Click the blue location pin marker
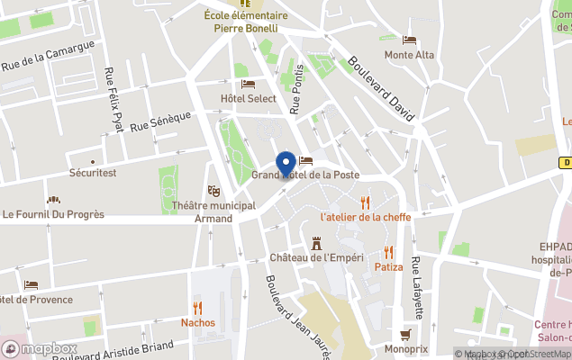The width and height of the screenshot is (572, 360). click(x=286, y=164)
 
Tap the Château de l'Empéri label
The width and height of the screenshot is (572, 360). click(x=317, y=257)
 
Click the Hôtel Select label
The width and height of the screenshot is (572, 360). click(x=249, y=98)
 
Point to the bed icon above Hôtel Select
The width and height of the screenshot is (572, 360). click(x=249, y=84)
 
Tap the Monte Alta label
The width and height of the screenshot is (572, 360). click(x=409, y=55)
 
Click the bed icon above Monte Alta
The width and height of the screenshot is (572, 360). click(x=409, y=40)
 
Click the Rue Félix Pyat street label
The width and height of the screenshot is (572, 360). click(x=113, y=99)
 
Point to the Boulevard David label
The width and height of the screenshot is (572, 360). click(x=380, y=90)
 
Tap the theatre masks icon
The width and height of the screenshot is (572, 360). click(x=213, y=191)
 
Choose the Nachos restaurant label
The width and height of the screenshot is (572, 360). click(x=198, y=322)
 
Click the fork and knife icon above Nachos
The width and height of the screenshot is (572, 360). click(x=198, y=307)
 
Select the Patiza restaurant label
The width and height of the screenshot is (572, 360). click(x=388, y=267)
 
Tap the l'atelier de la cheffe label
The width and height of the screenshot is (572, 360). click(x=365, y=217)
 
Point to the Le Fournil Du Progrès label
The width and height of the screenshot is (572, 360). click(x=53, y=214)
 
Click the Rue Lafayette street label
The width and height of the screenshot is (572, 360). click(x=416, y=288)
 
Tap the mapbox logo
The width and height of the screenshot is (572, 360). click(x=40, y=348)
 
